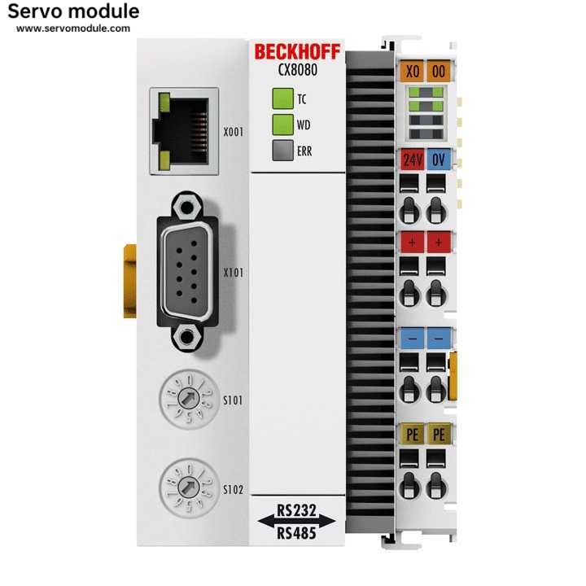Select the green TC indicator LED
tap(282, 99)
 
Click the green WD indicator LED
tap(282, 125)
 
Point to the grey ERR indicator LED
tap(282, 150)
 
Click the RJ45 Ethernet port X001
tap(183, 130)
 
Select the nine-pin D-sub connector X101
tap(188, 273)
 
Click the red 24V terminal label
tap(411, 159)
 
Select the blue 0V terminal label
tap(438, 159)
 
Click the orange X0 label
tap(412, 71)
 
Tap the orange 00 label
tap(438, 71)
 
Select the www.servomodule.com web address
tap(73, 28)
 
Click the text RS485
tap(297, 533)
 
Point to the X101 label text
tap(234, 273)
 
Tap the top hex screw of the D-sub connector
tap(188, 204)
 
